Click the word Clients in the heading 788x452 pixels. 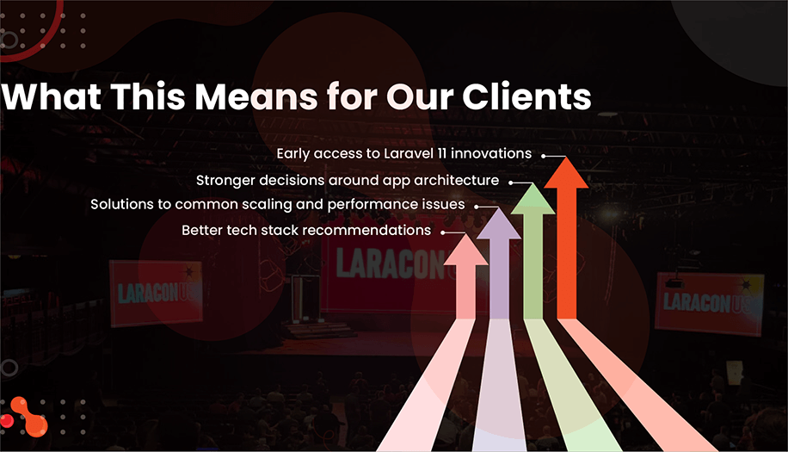527,96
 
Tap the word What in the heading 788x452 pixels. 49,96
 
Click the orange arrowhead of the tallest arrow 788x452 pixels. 566,171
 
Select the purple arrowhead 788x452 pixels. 498,224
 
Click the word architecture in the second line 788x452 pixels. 458,180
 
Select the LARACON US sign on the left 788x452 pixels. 157,292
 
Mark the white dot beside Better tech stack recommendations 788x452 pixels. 443,232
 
